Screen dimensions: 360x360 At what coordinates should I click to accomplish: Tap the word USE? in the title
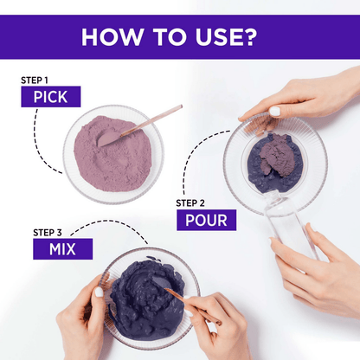(226, 37)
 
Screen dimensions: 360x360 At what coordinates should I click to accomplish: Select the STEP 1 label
(35, 80)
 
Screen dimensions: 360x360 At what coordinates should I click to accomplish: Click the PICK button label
(51, 97)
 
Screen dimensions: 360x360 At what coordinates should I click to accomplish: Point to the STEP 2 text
(190, 203)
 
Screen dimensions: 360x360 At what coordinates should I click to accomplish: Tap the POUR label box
(207, 220)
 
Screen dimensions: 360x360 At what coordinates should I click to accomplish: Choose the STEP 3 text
(48, 233)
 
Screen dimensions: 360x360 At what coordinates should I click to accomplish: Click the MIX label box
(63, 248)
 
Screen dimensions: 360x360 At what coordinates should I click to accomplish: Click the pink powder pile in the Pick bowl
(113, 154)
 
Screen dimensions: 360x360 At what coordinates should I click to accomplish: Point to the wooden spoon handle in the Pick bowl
(151, 120)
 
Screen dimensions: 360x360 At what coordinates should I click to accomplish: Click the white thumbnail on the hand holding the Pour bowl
(275, 112)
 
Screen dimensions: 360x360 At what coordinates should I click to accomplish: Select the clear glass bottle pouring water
(288, 222)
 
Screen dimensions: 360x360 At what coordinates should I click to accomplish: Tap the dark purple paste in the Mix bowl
(147, 300)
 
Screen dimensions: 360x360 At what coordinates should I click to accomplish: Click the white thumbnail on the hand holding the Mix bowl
(99, 292)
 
